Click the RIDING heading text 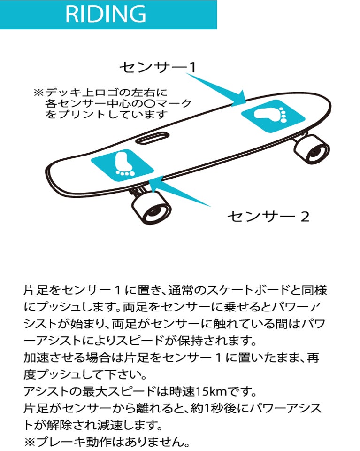click(x=106, y=14)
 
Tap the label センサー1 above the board click(x=158, y=67)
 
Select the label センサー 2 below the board click(x=268, y=216)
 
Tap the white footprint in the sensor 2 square click(x=123, y=164)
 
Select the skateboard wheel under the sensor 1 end click(x=311, y=149)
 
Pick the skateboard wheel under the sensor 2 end click(x=151, y=208)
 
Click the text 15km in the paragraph click(x=211, y=391)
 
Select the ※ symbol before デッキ click(x=38, y=93)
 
